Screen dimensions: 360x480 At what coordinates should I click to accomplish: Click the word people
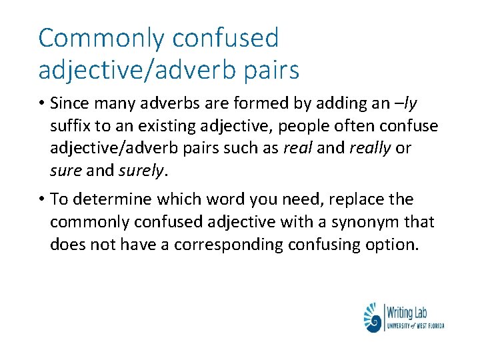[309, 126]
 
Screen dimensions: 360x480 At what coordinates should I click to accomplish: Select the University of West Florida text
[415, 325]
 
